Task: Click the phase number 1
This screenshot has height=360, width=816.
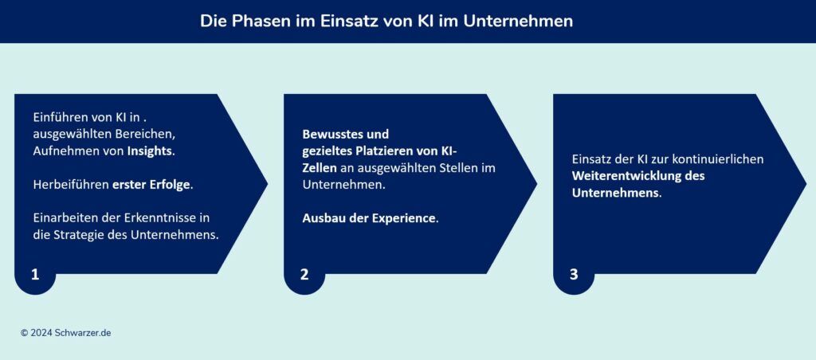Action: (35, 275)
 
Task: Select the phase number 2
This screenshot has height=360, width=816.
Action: (304, 275)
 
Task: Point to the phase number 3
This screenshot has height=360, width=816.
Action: (574, 275)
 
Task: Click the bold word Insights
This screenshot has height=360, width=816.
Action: (150, 151)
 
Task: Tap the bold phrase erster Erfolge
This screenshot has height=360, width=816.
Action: (152, 184)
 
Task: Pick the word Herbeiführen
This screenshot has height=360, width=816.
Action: (70, 184)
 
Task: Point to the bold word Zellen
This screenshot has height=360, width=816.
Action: (320, 167)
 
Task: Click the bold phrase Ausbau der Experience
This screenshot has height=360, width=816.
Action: (370, 217)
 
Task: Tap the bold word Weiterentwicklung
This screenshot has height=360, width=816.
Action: (628, 176)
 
